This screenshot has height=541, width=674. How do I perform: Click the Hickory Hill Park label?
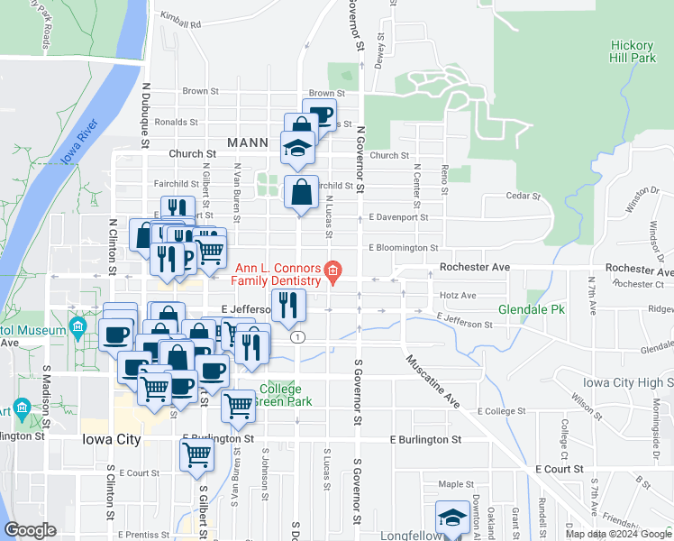click(632, 51)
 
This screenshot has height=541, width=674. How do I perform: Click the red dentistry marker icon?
click(332, 270)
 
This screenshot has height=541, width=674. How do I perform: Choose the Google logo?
click(29, 530)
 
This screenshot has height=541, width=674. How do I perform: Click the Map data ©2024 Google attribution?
click(619, 534)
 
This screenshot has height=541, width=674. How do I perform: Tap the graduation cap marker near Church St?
click(297, 146)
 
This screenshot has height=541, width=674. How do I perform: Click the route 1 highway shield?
click(297, 336)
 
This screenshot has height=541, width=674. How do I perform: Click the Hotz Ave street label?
click(458, 295)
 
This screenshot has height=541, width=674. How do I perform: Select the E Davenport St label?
click(397, 217)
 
